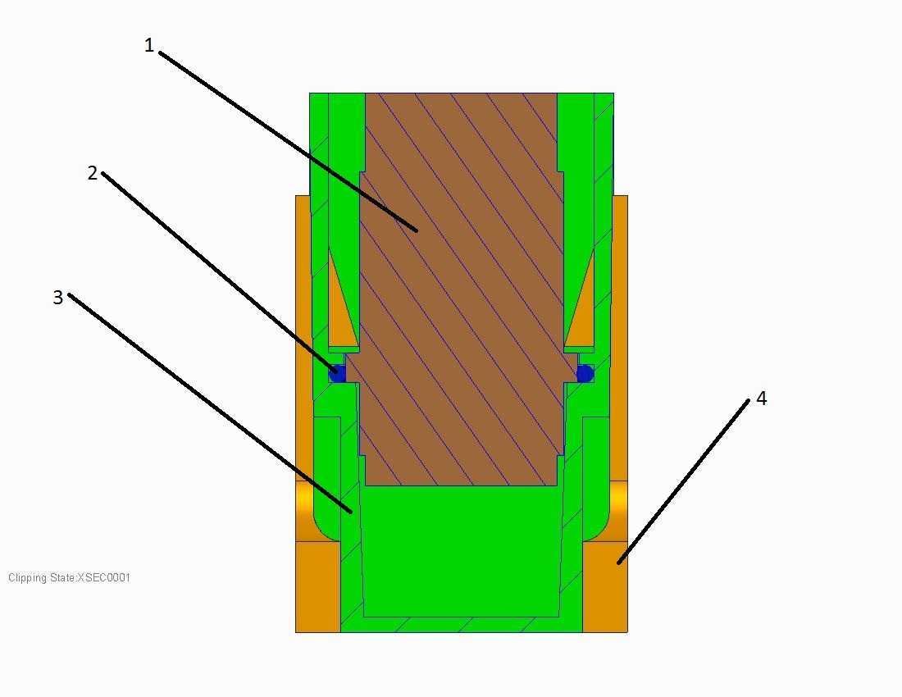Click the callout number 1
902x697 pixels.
click(149, 45)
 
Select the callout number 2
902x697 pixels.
click(93, 172)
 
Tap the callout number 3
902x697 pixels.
click(57, 297)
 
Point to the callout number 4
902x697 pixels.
click(761, 398)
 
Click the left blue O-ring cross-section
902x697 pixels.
click(337, 374)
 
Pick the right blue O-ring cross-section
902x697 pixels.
click(585, 374)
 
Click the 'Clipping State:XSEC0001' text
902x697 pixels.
click(69, 577)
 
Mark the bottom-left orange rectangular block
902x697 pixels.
click(317, 586)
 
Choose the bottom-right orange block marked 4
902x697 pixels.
click(604, 586)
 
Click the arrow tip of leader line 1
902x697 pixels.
click(417, 230)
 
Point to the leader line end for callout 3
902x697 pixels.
click(351, 512)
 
